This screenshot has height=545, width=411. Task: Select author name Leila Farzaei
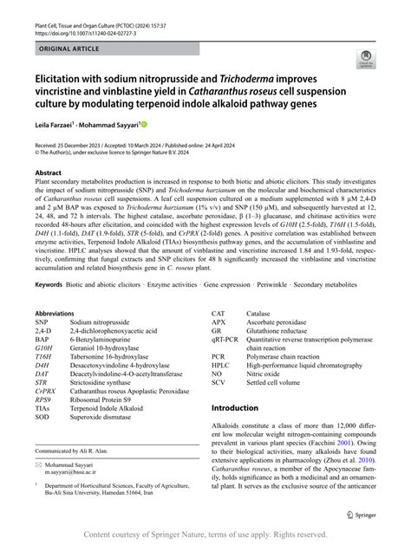click(x=55, y=125)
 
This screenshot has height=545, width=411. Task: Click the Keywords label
click(x=52, y=283)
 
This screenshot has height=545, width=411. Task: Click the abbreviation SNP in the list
click(x=42, y=322)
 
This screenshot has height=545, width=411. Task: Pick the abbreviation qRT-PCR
click(x=227, y=340)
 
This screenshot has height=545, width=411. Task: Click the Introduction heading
click(x=247, y=407)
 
